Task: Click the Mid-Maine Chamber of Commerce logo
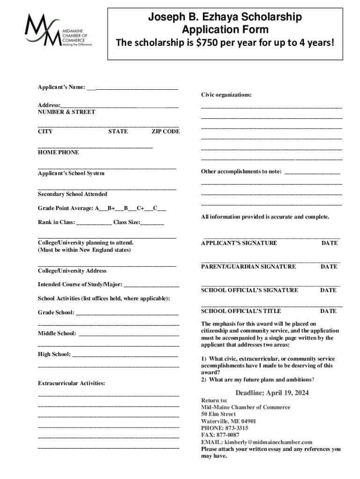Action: [58, 31]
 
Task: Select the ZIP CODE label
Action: [166, 131]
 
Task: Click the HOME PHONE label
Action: [58, 152]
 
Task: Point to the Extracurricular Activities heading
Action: [72, 384]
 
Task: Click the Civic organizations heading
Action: [226, 95]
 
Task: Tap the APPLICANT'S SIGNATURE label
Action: [239, 243]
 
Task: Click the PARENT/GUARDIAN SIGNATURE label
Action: [248, 267]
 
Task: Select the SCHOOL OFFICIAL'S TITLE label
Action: [241, 311]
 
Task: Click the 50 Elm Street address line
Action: [218, 414]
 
